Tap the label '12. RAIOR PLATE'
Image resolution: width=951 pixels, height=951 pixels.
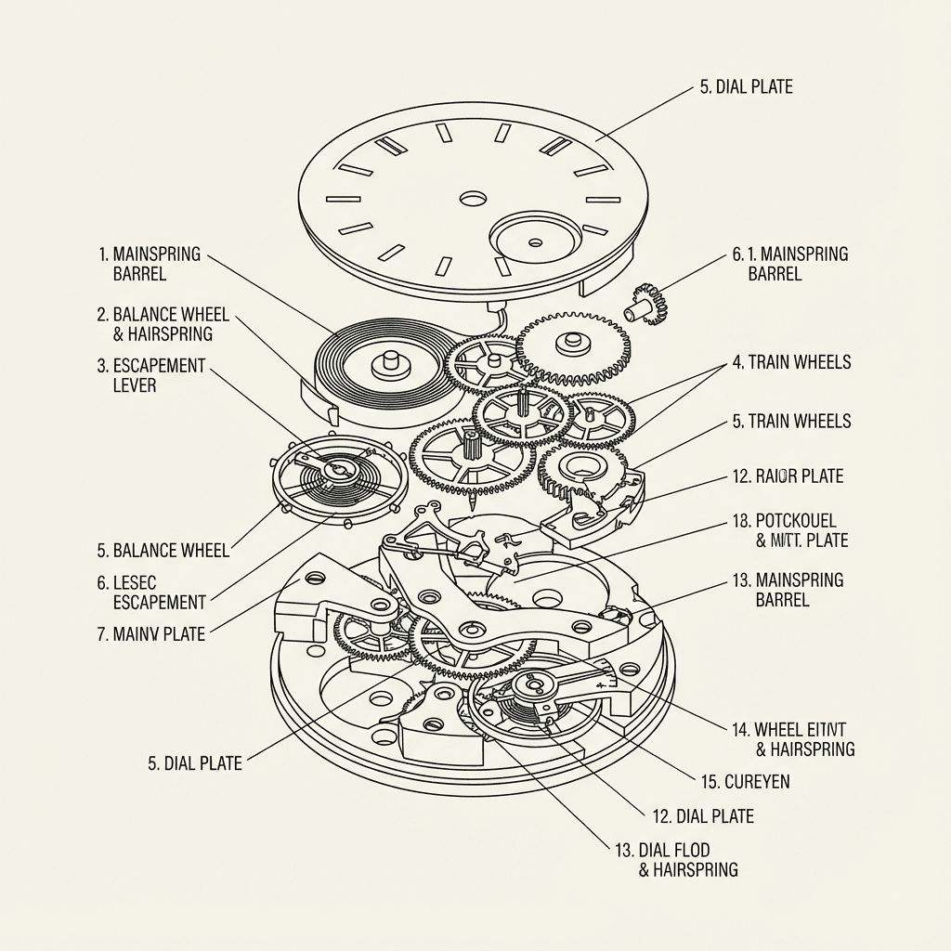click(x=788, y=476)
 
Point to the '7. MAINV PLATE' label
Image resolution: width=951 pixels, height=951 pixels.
click(x=150, y=635)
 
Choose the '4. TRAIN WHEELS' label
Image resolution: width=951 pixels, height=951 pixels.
click(x=791, y=362)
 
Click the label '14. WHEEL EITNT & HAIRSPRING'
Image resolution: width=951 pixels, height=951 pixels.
click(x=792, y=739)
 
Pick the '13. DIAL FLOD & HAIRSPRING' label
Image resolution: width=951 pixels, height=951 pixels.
click(x=675, y=859)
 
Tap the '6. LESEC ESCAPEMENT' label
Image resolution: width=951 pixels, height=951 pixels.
click(x=150, y=592)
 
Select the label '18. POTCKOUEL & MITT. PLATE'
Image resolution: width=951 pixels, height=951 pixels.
click(x=789, y=530)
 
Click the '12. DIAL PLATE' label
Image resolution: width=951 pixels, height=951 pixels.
click(x=703, y=816)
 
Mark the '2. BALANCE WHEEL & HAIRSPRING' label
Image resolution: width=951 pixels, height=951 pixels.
click(x=163, y=324)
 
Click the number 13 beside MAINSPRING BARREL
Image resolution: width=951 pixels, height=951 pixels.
click(x=741, y=580)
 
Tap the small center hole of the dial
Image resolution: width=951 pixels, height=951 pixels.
click(x=473, y=199)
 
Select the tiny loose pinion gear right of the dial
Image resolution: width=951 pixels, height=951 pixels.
click(x=646, y=305)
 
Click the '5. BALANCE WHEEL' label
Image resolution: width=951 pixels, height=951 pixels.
click(x=162, y=550)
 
